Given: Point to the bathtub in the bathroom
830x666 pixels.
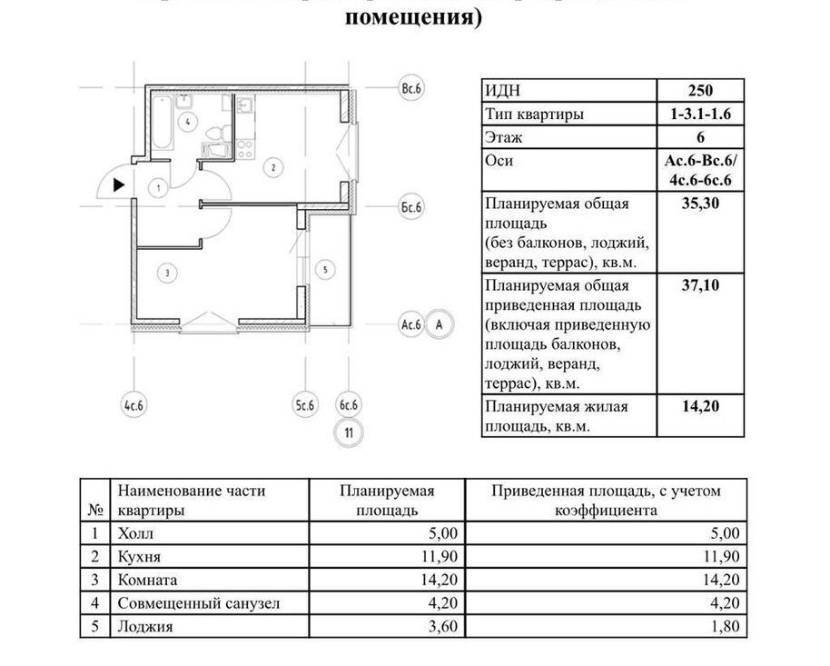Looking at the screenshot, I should click(x=163, y=123).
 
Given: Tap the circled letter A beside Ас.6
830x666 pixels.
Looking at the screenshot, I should click(x=440, y=323).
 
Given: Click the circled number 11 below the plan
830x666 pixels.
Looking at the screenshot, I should click(x=348, y=433).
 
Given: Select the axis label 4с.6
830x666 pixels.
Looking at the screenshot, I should click(x=133, y=404).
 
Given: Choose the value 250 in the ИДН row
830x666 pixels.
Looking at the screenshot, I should click(x=699, y=90).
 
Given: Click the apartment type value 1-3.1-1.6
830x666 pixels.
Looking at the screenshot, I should click(x=699, y=114).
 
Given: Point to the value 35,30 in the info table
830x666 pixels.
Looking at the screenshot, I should click(x=699, y=204).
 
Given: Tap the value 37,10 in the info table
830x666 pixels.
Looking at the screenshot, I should click(x=699, y=285).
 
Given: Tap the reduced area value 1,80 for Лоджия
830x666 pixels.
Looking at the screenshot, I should click(x=725, y=626).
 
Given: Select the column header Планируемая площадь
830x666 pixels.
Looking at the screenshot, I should click(x=387, y=500).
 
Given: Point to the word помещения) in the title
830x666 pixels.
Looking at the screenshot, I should click(x=414, y=17).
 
